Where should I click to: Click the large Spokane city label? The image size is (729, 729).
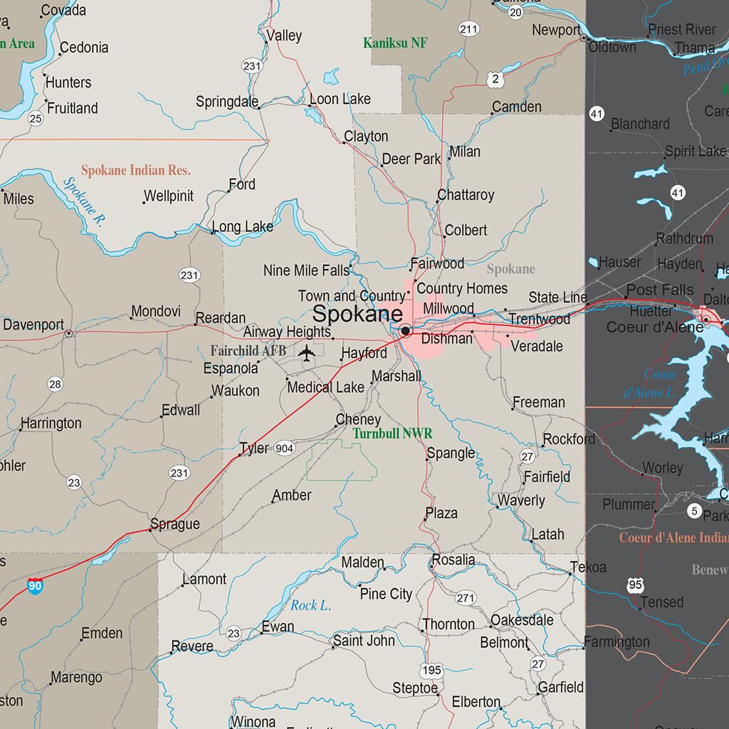click(358, 314)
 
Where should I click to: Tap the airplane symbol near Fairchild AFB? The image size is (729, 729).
click(307, 352)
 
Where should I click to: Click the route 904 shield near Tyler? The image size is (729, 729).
click(284, 448)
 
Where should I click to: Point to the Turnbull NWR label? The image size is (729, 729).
click(392, 433)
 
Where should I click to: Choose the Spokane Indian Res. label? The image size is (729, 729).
click(136, 171)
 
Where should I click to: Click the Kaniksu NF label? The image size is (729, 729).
click(395, 43)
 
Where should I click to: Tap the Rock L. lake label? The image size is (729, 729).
click(311, 606)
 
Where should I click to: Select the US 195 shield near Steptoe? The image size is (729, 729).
click(431, 671)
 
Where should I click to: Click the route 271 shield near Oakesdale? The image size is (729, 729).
click(466, 598)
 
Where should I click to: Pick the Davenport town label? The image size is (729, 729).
click(33, 325)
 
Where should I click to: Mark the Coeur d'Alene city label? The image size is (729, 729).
click(655, 327)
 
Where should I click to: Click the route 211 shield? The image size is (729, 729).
click(468, 29)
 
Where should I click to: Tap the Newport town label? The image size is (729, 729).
click(556, 30)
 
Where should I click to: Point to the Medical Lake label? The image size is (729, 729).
click(325, 387)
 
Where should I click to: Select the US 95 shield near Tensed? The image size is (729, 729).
click(636, 585)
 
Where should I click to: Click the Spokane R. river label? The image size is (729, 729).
click(83, 201)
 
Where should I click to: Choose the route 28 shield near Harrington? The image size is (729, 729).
click(56, 384)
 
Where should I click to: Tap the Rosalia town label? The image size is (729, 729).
click(453, 560)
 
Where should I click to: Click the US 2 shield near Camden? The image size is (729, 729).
click(495, 79)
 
